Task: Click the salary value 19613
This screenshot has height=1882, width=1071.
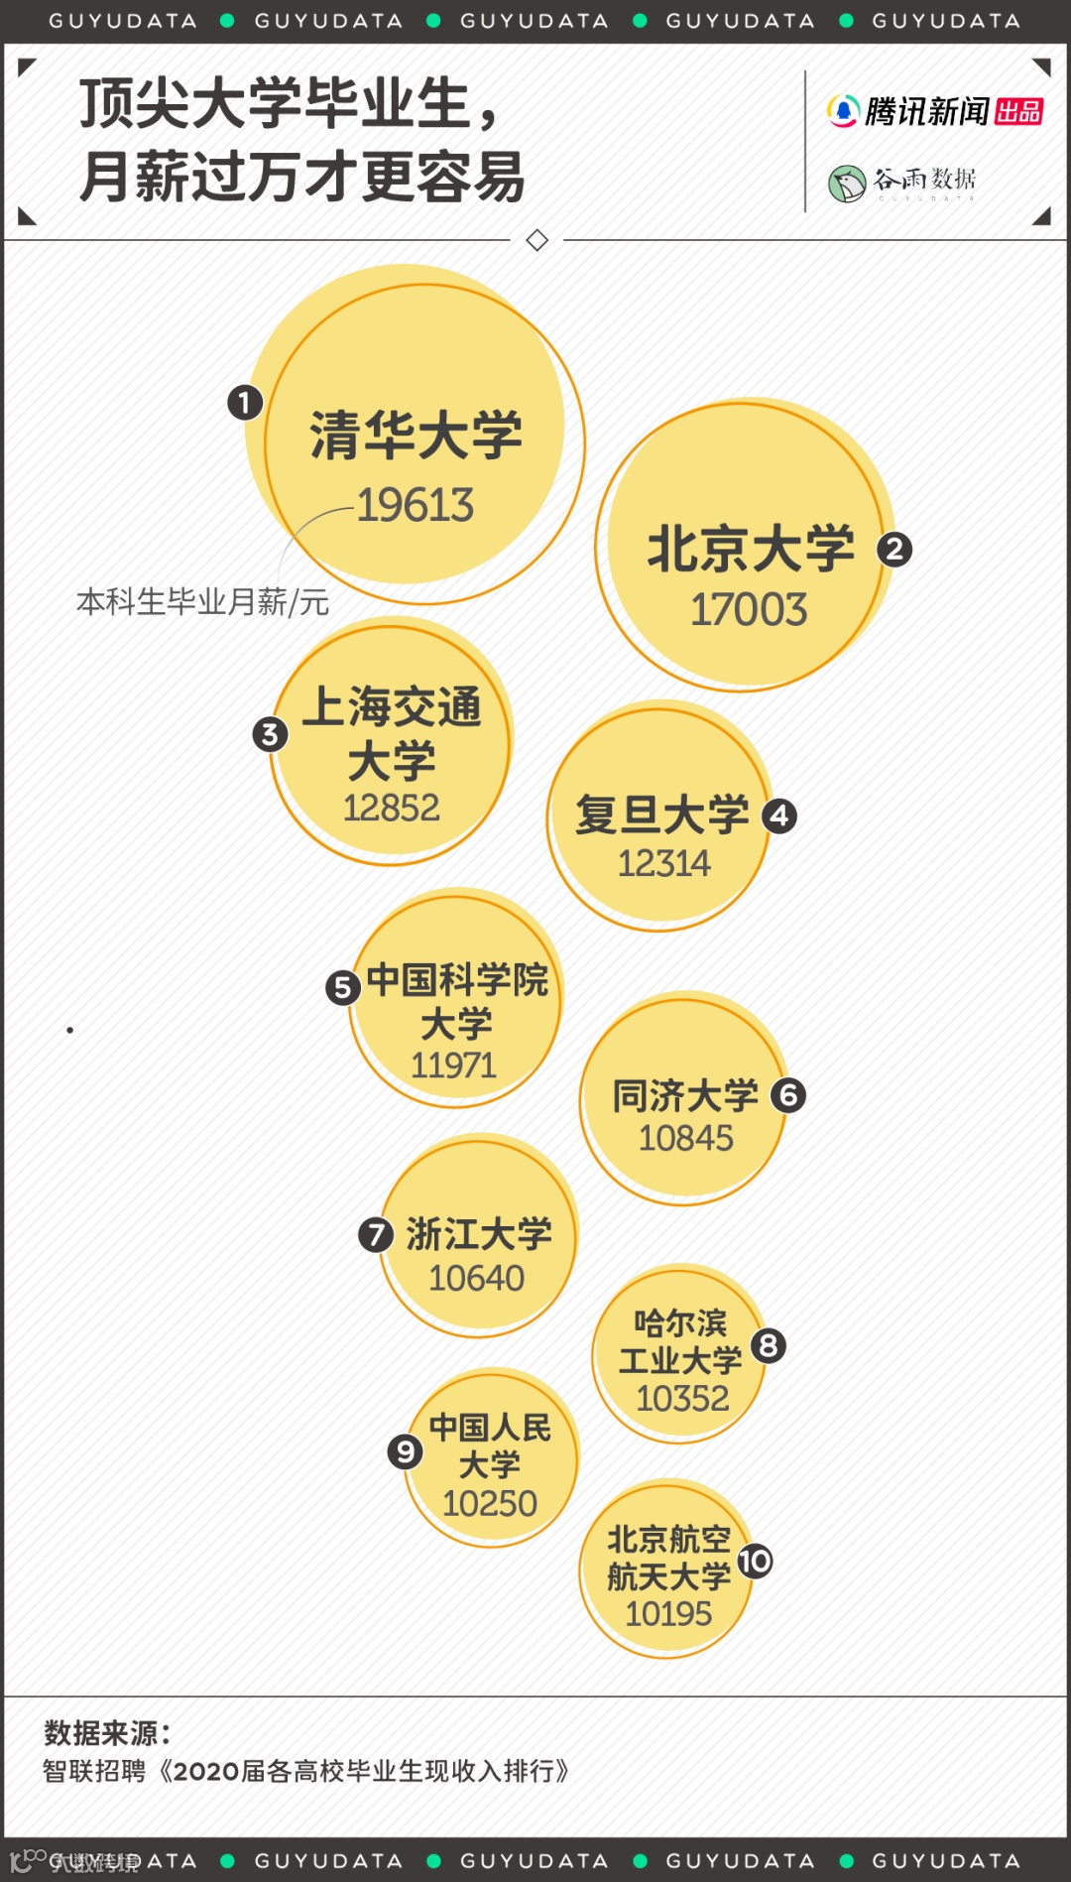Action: coord(416,505)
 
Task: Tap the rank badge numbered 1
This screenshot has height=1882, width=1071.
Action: coord(244,403)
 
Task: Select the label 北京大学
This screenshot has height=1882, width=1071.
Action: coord(751,549)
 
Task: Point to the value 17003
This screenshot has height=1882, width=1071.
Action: coord(749,609)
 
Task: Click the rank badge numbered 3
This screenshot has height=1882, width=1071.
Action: coord(270,734)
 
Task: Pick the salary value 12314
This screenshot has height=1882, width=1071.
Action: coord(663,863)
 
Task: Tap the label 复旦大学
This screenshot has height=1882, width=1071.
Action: coord(662,815)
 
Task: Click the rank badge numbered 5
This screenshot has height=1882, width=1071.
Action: coord(343,987)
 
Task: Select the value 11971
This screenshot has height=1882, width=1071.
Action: coord(453,1066)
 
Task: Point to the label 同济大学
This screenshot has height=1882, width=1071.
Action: coord(685,1095)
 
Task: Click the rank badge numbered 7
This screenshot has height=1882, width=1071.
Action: coord(375,1234)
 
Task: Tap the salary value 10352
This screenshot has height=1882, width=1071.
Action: coord(682,1398)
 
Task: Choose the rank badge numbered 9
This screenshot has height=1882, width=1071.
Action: coord(405,1451)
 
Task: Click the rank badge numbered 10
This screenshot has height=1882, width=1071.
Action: coord(755,1561)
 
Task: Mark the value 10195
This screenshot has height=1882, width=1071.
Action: coord(668,1613)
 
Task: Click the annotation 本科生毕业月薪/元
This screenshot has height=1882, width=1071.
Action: coord(202,601)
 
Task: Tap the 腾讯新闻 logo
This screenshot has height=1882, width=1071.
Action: coord(934,111)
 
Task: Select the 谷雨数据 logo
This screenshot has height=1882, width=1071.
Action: coord(902,182)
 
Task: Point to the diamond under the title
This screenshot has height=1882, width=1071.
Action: coord(537,240)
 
